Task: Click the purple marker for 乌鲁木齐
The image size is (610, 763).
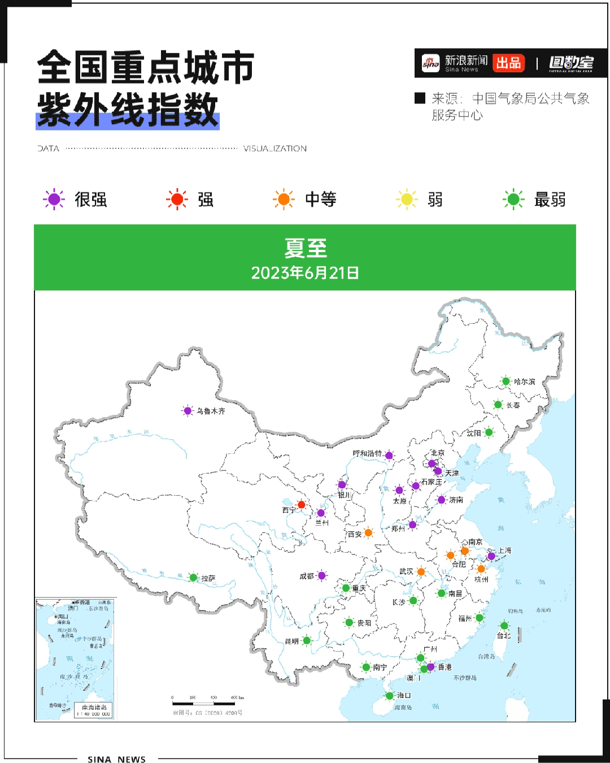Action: (188, 411)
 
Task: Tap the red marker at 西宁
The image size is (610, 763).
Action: (301, 505)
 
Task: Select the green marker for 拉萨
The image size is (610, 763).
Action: (193, 578)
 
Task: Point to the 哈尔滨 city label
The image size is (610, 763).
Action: (524, 382)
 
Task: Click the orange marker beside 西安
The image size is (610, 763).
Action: (368, 532)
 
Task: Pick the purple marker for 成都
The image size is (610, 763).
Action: (322, 576)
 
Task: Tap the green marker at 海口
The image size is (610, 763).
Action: (389, 696)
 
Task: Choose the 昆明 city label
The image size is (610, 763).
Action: (292, 641)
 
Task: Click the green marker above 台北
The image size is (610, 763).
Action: (504, 625)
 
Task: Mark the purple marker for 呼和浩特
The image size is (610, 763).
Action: (389, 455)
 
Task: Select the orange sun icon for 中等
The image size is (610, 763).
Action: (284, 200)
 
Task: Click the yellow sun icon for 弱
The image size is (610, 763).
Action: (407, 200)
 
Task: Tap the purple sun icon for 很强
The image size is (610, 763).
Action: (54, 200)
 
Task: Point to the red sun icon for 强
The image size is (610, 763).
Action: (177, 200)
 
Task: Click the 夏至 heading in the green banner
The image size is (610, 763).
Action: (306, 248)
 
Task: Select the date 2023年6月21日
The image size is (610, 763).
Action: (305, 273)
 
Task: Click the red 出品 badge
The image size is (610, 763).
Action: (508, 63)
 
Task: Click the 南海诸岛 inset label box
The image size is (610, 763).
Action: (94, 710)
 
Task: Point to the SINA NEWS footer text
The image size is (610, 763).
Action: (117, 759)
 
